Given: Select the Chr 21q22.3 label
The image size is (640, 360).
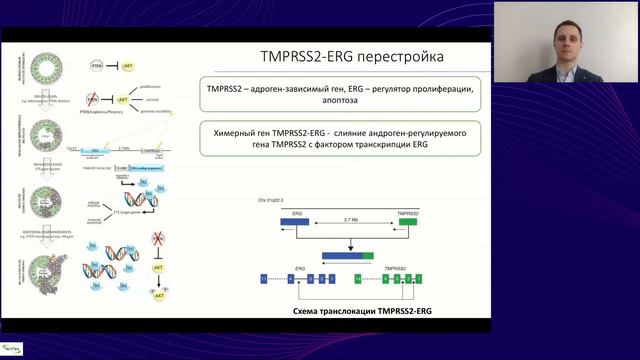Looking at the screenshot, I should pos(273,201).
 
